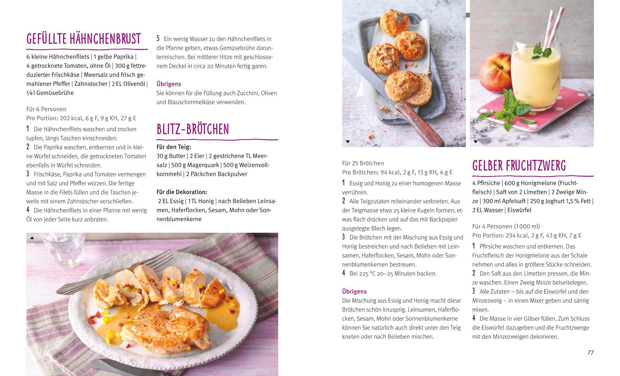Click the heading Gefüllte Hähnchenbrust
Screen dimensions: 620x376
pos(84,39)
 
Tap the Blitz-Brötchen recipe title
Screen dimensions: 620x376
pos(193,129)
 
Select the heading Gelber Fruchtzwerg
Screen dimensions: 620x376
pos(519,166)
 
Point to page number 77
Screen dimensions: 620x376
pos(590,352)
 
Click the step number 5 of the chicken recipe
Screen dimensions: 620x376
pos(158,39)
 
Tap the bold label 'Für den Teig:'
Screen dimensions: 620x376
pos(174,147)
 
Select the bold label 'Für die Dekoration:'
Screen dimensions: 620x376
pos(182,192)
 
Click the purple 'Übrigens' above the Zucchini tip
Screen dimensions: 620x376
pos(169,84)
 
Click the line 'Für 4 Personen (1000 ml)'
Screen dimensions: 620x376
pos(506,226)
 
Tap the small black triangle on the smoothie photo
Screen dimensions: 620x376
pos(476,142)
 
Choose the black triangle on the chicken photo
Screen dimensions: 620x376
pos(32,238)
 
